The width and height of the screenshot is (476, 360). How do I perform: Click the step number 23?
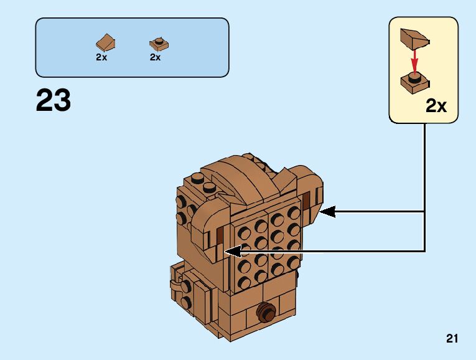click(54, 100)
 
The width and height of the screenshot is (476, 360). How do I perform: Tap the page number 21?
click(452, 339)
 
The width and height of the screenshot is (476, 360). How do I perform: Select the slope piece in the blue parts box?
click(105, 42)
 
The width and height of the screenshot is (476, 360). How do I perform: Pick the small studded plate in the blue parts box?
click(158, 43)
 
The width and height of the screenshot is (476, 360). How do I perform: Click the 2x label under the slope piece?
click(101, 57)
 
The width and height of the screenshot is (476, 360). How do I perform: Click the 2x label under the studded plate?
click(156, 57)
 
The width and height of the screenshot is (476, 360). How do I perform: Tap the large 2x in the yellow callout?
click(436, 106)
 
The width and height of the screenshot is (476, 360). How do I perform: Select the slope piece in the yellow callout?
click(414, 39)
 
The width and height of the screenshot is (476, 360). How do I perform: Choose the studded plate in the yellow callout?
click(414, 81)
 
